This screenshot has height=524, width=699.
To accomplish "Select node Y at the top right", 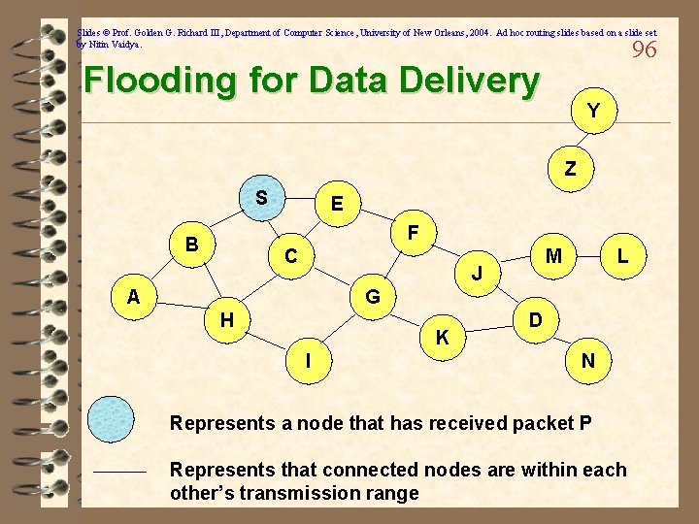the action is (591, 112).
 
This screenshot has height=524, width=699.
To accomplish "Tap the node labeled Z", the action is (570, 168).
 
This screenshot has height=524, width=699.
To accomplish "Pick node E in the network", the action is (336, 204).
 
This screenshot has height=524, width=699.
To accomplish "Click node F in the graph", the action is (414, 234).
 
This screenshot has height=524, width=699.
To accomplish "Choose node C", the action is (290, 257).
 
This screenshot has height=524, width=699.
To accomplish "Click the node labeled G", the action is (373, 295).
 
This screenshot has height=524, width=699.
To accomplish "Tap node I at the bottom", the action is (308, 361).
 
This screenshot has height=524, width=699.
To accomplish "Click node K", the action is (442, 338).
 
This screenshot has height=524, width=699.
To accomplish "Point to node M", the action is (554, 256).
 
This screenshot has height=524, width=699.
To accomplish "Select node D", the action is (535, 318).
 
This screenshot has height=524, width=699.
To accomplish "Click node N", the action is (587, 361).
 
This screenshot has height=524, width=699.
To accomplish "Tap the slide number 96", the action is (644, 49).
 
